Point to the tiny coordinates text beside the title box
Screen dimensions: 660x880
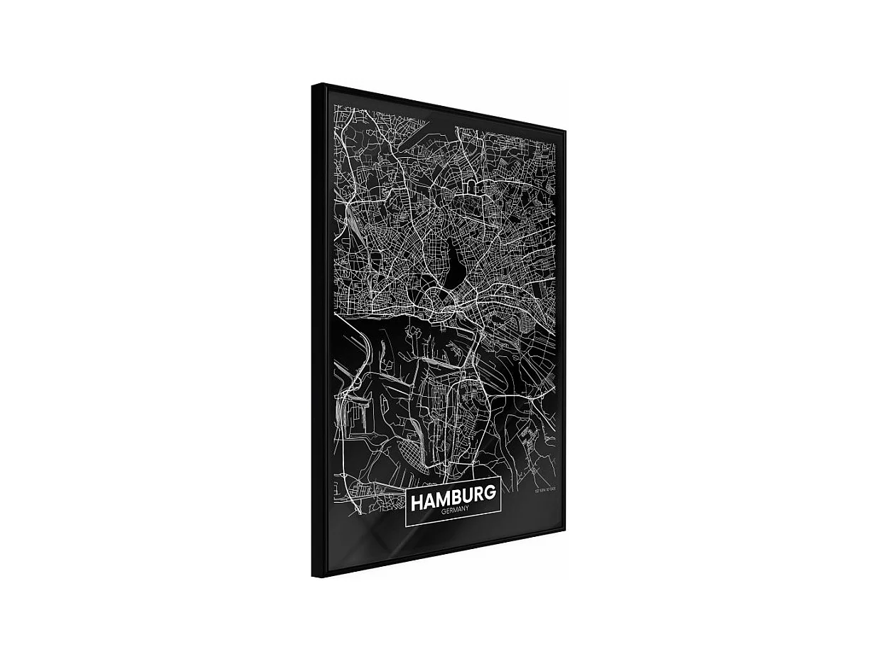[544, 489]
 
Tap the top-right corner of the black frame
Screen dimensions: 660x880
[564, 131]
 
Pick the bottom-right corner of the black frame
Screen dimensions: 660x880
[564, 530]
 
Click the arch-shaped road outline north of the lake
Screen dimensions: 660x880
[471, 186]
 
